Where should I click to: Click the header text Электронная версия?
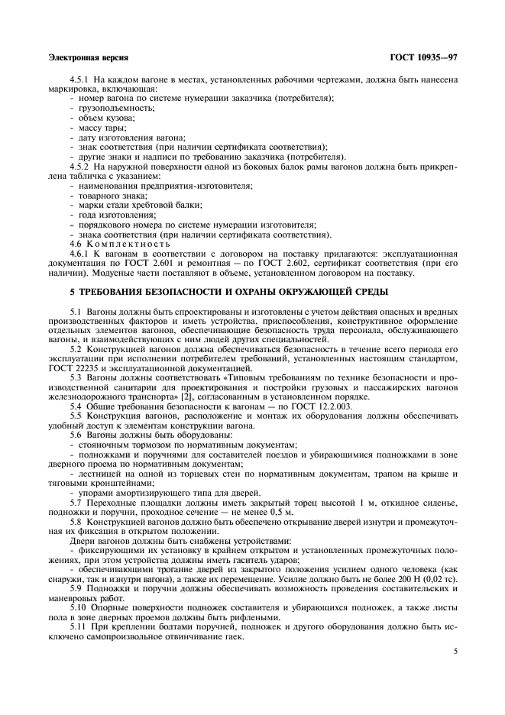[x=87, y=57]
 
